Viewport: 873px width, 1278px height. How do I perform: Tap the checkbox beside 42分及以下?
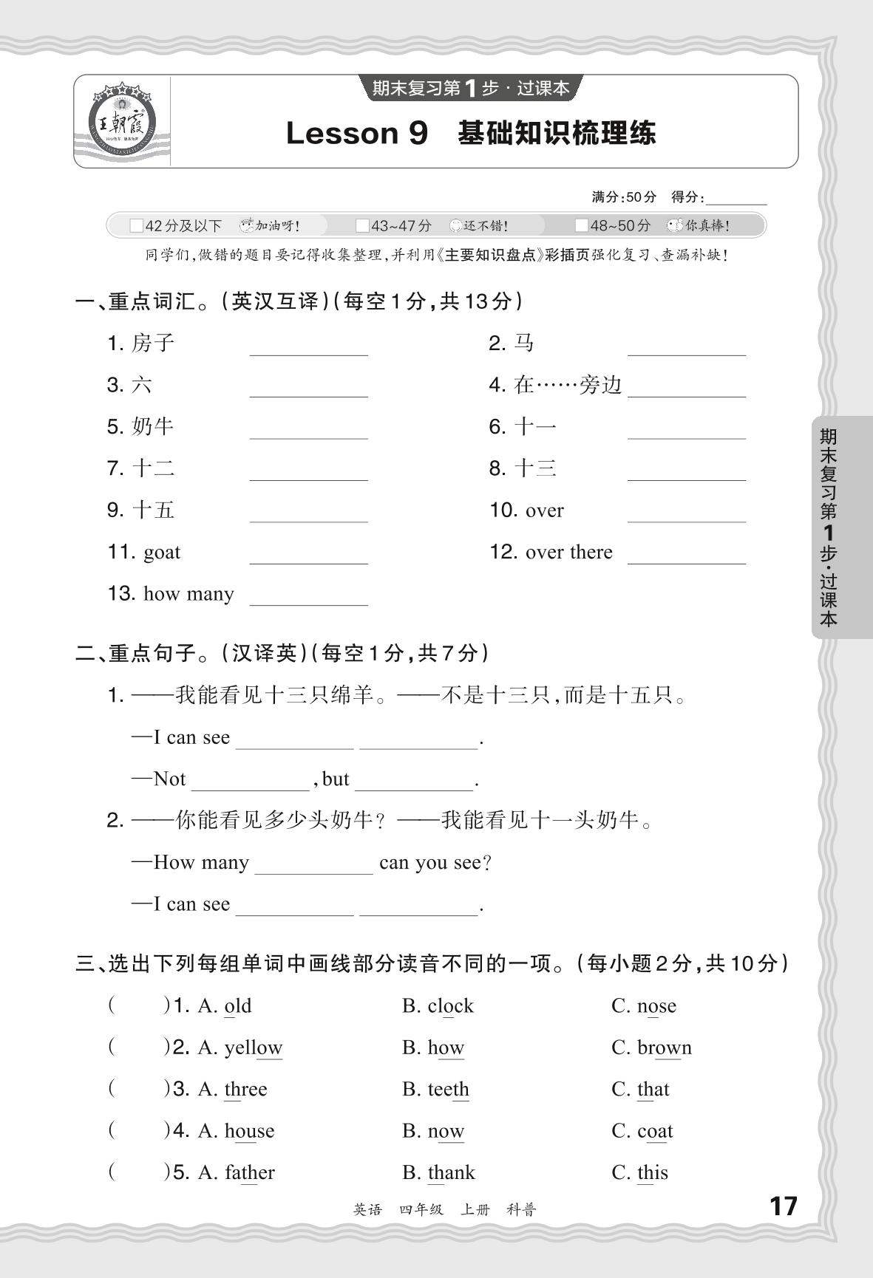[136, 225]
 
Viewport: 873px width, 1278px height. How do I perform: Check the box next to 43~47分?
[362, 225]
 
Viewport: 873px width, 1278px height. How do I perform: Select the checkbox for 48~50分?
[582, 225]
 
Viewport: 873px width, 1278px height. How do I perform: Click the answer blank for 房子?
[308, 346]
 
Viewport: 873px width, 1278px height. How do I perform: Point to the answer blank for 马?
[687, 346]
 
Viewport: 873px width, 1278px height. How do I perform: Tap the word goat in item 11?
[162, 553]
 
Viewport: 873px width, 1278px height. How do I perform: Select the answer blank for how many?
[308, 596]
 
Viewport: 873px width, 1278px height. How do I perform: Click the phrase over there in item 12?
[568, 553]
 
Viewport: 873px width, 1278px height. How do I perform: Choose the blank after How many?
[313, 864]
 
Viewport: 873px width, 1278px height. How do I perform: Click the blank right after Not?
[250, 781]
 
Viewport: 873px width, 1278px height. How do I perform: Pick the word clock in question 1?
[450, 1006]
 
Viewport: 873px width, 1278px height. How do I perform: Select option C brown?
[664, 1048]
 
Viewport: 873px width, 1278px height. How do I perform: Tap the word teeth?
[448, 1090]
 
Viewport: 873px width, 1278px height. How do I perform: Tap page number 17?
[784, 1206]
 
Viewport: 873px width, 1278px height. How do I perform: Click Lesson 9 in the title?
[356, 134]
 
